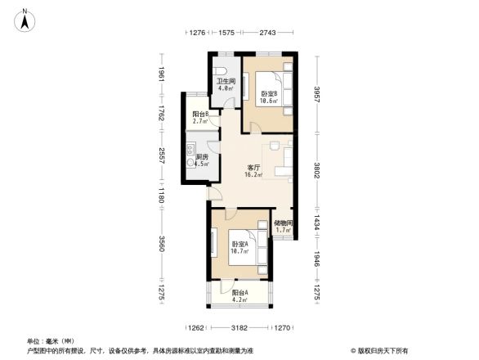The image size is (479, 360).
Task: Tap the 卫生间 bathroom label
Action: tap(226, 81)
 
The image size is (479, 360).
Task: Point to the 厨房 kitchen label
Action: tap(202, 156)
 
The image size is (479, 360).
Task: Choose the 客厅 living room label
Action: tap(254, 168)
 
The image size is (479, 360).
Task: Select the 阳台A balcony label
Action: tap(239, 292)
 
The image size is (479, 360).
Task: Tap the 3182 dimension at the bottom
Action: tap(239, 329)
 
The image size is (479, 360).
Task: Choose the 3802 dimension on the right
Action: tap(316, 172)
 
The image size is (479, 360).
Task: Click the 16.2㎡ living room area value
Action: tap(254, 175)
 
